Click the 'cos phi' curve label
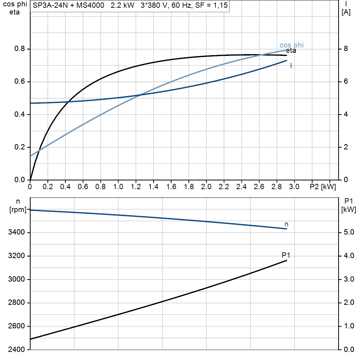point(291,45)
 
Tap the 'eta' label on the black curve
point(291,51)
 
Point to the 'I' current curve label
point(291,66)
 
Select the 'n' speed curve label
point(286,224)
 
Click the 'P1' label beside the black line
point(286,255)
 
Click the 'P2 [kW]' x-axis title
point(323,186)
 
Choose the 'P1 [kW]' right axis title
point(348,205)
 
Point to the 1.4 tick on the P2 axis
point(153,186)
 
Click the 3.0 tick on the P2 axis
point(294,186)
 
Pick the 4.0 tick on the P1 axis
point(348,256)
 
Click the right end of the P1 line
point(287,260)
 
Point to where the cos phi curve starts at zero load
point(31,156)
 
